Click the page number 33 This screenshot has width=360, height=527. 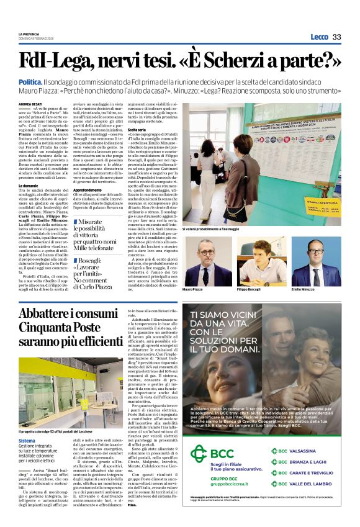coord(336,37)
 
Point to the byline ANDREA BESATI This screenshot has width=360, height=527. coord(30,104)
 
